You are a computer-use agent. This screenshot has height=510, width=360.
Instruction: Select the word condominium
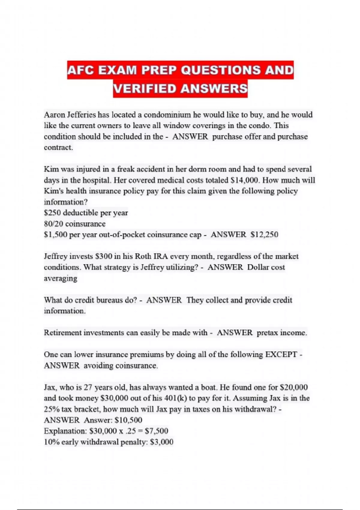[167, 115]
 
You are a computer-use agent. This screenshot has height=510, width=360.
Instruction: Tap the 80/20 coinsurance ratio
[53, 224]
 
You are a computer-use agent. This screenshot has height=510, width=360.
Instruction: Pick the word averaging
[61, 278]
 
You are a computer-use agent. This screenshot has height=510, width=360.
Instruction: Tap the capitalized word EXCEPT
[281, 355]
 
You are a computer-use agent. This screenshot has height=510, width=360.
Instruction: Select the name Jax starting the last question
[50, 388]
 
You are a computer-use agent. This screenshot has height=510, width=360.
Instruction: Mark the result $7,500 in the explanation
[156, 431]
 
